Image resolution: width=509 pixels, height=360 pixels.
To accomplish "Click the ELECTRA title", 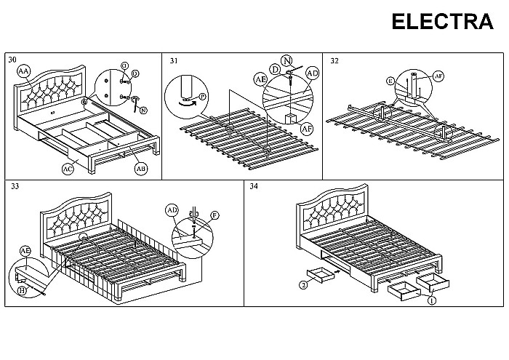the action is (x=442, y=22).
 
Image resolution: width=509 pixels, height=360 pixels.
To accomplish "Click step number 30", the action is (x=12, y=60).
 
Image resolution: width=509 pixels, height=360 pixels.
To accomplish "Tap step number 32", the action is (x=334, y=60).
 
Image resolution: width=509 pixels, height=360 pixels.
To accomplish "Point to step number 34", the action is (x=254, y=186).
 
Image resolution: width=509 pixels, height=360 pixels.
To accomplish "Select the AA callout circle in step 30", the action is (x=24, y=71).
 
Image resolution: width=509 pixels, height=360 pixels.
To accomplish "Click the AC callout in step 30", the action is (x=68, y=169).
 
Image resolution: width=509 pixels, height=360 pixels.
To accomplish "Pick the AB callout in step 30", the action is (x=141, y=169).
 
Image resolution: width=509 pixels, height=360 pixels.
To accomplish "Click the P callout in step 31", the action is (x=203, y=97).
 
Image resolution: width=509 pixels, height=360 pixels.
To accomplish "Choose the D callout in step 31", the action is (x=275, y=70).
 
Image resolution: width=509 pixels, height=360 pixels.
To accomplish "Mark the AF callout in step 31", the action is (x=307, y=129).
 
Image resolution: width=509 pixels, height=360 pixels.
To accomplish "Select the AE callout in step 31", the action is (x=260, y=79).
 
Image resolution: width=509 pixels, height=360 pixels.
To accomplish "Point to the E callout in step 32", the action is (x=391, y=81).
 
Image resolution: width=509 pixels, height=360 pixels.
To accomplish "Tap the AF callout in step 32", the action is (x=438, y=76).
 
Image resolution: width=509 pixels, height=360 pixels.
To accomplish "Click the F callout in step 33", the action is (x=215, y=215).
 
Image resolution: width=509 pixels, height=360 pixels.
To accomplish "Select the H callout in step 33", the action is (x=22, y=290).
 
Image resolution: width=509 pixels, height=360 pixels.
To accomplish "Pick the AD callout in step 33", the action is (x=172, y=211).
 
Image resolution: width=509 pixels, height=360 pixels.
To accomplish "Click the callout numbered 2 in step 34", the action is (x=303, y=285).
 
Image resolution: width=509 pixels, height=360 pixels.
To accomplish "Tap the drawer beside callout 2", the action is (x=321, y=275).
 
